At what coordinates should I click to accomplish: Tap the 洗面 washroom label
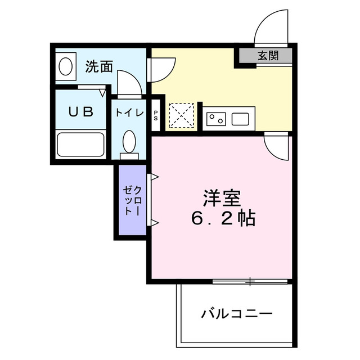pos(99,66)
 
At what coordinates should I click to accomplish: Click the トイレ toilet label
pos(129,112)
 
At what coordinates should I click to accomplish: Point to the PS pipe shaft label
pos(156,115)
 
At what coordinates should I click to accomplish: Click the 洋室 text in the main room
pos(222,199)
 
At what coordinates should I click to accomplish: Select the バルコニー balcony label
pos(237,313)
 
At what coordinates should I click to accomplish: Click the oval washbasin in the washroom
pos(65,66)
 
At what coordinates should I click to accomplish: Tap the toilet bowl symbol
pos(129,142)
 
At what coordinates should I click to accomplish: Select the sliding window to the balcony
pos(251,281)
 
